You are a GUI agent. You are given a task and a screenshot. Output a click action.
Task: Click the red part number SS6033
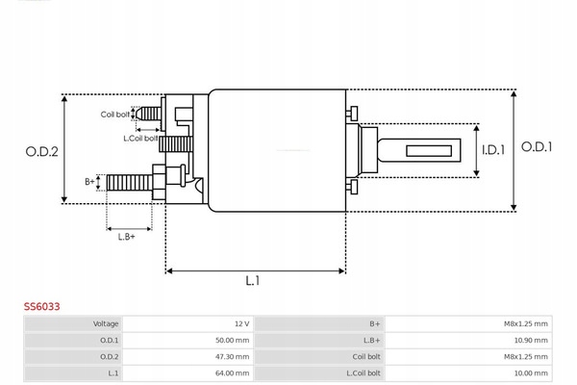point(42,306)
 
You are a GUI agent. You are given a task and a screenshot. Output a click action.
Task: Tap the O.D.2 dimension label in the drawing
point(42,150)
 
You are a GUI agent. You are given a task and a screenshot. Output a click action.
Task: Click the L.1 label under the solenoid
point(253,281)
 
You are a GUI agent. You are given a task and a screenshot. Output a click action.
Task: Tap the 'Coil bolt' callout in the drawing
point(115,115)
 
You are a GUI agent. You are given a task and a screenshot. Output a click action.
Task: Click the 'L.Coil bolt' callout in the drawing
point(141,138)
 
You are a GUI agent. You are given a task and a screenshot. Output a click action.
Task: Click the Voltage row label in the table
point(106,323)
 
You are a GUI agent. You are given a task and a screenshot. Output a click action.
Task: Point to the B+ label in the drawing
point(89,181)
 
